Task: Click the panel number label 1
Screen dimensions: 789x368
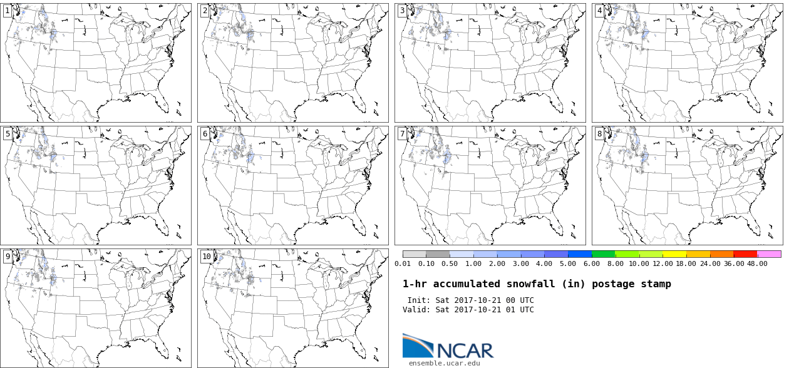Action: (x=8, y=11)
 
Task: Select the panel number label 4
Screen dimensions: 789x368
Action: (x=599, y=11)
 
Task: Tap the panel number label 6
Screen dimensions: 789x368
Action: (x=205, y=134)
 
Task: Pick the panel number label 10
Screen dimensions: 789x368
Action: (x=207, y=257)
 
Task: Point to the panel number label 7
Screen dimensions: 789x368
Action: (x=402, y=134)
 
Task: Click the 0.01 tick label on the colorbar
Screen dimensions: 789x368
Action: (x=403, y=263)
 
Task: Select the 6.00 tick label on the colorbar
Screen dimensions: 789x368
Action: (x=591, y=263)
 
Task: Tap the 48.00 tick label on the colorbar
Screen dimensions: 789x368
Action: (x=757, y=263)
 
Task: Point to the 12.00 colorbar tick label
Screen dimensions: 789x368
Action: (x=663, y=263)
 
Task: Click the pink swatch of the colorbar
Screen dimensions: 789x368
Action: (x=769, y=254)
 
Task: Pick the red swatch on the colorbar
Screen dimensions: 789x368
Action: (x=746, y=254)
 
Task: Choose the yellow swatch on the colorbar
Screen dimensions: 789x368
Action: (x=674, y=254)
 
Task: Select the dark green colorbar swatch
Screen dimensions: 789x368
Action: (x=604, y=254)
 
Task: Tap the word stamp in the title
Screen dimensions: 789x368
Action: (x=658, y=284)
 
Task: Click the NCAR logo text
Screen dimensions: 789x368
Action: (x=465, y=350)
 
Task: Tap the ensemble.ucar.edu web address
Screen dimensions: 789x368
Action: (x=444, y=364)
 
